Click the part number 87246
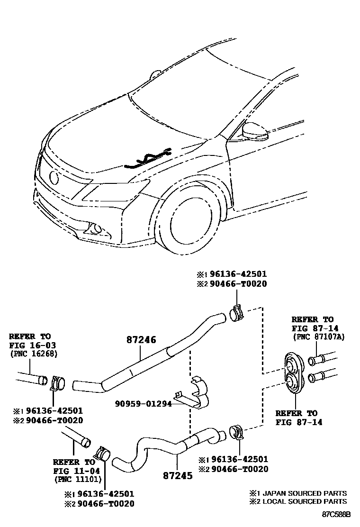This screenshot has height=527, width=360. coord(141,340)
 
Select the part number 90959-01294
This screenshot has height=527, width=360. coord(144,404)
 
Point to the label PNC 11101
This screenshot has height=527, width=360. coord(76,479)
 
